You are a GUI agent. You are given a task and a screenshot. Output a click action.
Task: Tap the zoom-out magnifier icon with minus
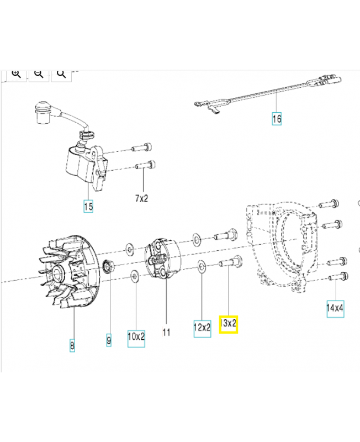39,74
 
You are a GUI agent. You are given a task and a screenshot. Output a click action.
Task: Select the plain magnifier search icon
61,74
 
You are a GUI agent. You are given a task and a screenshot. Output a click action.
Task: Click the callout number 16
277,118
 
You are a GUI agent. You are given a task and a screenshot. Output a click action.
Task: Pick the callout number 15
88,207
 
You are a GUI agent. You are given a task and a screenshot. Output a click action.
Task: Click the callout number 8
72,346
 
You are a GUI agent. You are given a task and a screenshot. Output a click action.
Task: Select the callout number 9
108,341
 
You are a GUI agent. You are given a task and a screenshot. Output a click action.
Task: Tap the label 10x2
136,336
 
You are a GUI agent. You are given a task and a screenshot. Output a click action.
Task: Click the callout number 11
166,332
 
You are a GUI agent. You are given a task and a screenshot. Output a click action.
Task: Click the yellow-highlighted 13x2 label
229,324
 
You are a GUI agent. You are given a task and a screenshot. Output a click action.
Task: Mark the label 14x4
335,308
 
